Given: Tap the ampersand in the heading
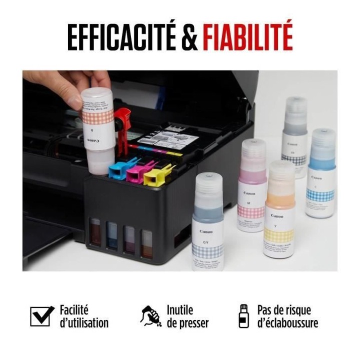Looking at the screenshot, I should pyautogui.click(x=189, y=37).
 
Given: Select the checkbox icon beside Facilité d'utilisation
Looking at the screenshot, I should pyautogui.click(x=42, y=316).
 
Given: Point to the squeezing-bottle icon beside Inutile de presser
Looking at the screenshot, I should pyautogui.click(x=151, y=316).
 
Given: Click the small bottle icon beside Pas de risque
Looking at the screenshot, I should pyautogui.click(x=243, y=316).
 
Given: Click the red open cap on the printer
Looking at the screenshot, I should pyautogui.click(x=122, y=120).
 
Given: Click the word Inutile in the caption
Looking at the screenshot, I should pyautogui.click(x=180, y=310).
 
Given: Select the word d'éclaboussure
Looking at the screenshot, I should pyautogui.click(x=287, y=323).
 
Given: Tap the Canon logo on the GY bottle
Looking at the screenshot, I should pyautogui.click(x=206, y=231).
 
